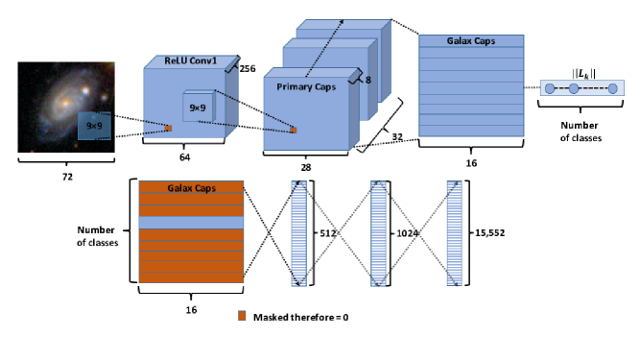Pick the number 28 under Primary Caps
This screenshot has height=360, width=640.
(305, 167)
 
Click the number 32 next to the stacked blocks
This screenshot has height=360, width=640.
(396, 137)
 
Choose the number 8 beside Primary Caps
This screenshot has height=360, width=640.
(367, 82)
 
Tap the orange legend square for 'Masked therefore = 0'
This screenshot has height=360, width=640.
(244, 314)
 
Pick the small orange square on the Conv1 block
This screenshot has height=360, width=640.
(167, 128)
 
